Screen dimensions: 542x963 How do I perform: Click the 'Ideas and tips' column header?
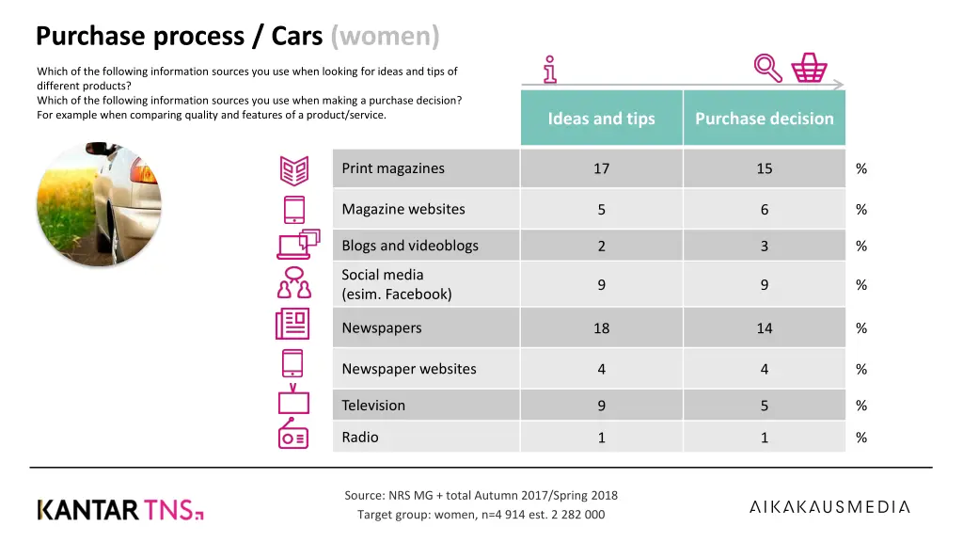click(601, 119)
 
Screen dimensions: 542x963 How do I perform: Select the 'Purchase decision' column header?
click(764, 119)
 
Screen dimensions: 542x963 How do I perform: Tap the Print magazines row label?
click(393, 168)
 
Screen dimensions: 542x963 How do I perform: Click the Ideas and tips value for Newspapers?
click(601, 328)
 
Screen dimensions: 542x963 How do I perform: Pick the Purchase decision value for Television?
click(764, 406)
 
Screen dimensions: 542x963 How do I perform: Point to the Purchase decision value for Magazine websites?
click(764, 210)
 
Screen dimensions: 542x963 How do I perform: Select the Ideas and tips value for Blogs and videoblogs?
click(601, 246)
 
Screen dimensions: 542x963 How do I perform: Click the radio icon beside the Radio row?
click(292, 437)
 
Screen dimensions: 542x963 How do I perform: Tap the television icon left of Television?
click(292, 400)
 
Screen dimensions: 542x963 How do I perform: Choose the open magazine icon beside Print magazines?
click(293, 170)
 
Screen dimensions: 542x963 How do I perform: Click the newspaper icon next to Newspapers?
click(292, 324)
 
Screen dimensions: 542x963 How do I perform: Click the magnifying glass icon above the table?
click(768, 67)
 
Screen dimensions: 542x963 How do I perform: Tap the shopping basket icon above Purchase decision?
click(809, 67)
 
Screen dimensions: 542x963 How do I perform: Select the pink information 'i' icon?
click(550, 69)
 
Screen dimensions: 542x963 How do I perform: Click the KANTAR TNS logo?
click(120, 510)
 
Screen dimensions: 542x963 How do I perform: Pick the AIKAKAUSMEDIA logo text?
click(829, 507)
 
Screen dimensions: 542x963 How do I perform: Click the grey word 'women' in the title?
click(385, 36)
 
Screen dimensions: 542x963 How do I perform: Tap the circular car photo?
click(98, 203)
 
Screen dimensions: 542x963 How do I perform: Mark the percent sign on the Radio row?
click(861, 438)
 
